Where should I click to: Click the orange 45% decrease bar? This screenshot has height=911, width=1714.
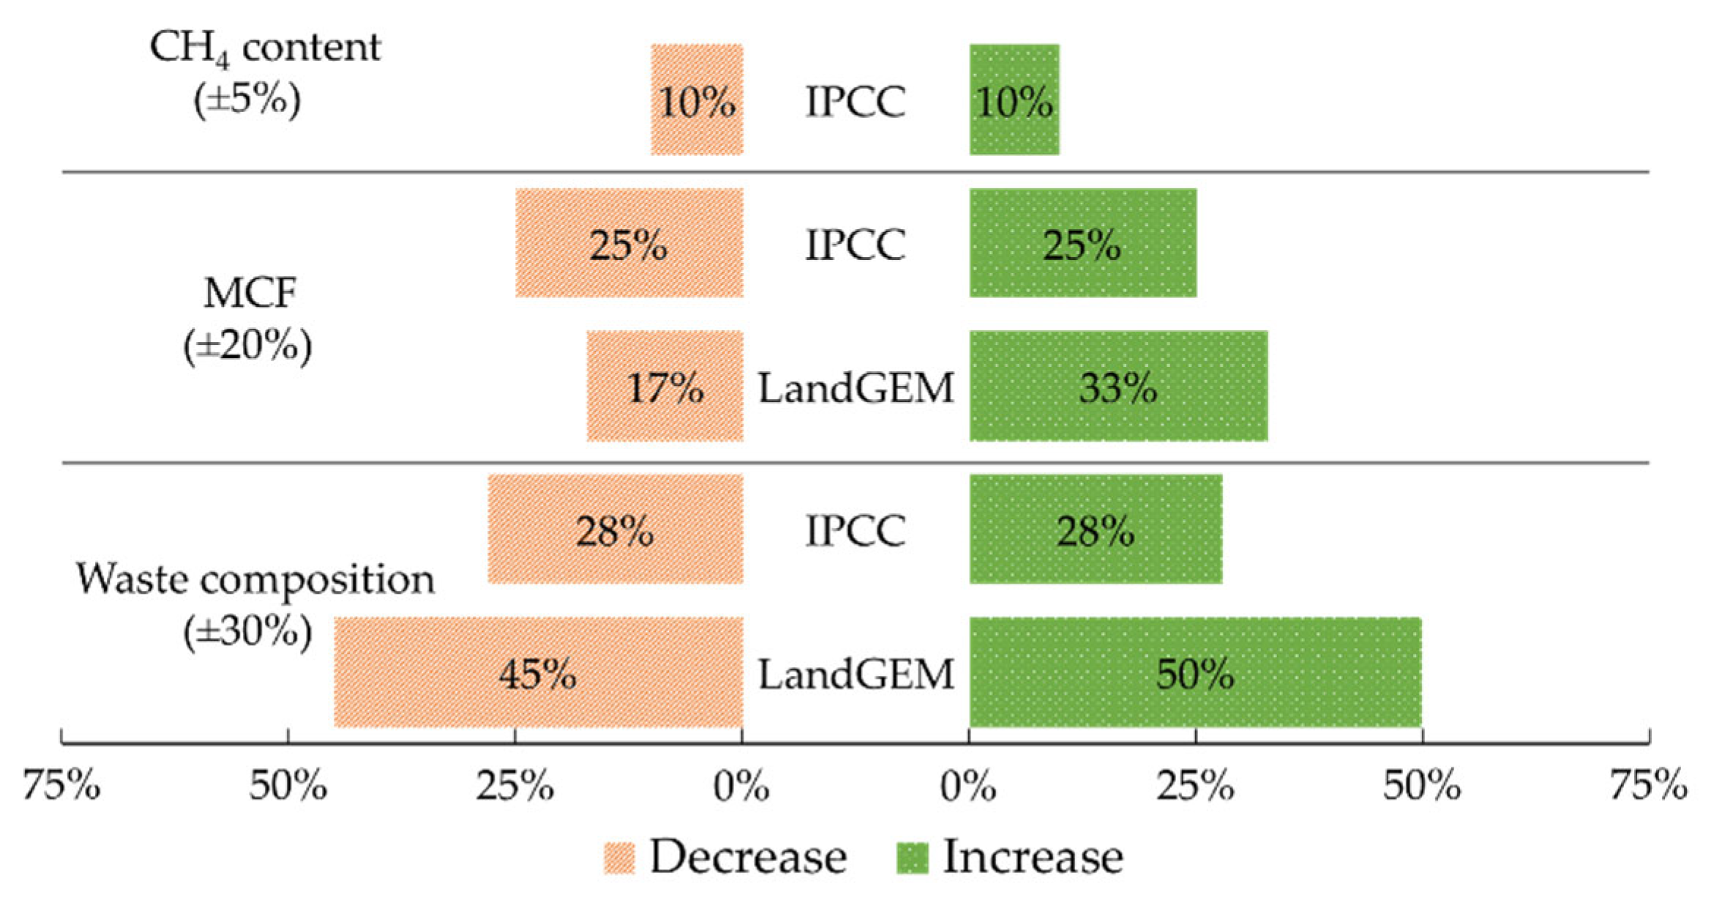point(539,672)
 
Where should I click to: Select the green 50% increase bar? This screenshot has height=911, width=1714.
point(1195,672)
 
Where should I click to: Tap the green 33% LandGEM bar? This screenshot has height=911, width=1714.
point(1118,386)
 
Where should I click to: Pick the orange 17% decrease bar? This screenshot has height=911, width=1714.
point(665,386)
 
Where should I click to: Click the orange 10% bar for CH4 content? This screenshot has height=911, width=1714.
point(697,100)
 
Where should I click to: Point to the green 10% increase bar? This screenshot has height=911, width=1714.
point(1014,100)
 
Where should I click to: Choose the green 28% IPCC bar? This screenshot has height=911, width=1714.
point(1096,529)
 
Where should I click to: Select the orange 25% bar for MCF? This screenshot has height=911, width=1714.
point(629,243)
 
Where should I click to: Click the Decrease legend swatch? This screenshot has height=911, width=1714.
point(619,858)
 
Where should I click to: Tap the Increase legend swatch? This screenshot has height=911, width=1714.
point(912,858)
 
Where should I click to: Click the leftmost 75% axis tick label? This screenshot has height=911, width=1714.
point(61,786)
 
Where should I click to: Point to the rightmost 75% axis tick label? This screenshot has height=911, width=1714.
point(1648,786)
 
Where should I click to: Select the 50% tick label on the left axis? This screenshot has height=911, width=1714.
point(288,786)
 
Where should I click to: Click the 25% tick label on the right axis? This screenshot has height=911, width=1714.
point(1195,786)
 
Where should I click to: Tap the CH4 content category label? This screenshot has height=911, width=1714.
point(264,48)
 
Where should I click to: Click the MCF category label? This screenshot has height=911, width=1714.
point(250,293)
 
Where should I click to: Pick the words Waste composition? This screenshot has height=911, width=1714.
point(255,579)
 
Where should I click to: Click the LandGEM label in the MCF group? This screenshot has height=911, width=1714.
point(856,387)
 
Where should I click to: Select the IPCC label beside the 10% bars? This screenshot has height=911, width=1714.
point(856,101)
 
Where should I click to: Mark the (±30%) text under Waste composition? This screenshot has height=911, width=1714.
point(247,630)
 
